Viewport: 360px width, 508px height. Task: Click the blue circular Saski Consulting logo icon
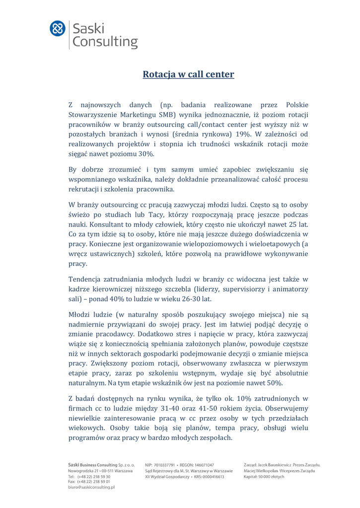tap(58, 28)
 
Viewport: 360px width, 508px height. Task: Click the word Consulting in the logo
tap(105, 42)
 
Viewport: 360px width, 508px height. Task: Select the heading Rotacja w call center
tap(188, 74)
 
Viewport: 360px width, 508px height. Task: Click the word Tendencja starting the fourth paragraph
tap(84, 279)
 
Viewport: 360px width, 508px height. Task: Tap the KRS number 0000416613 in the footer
tap(212, 476)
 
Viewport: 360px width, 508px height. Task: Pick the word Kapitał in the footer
tap(252, 476)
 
